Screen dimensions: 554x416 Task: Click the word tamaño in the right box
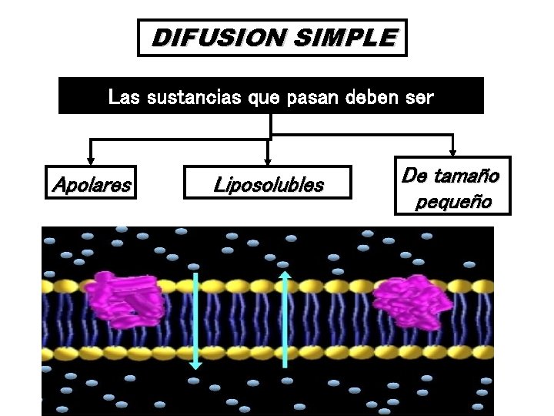471,176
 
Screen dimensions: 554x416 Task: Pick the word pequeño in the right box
452,203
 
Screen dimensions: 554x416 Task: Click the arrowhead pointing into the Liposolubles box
268,162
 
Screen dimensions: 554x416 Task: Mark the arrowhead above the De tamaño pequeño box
453,151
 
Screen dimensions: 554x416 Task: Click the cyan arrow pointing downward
195,320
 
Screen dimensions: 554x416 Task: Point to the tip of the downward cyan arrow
195,367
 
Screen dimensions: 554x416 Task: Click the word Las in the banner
124,98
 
